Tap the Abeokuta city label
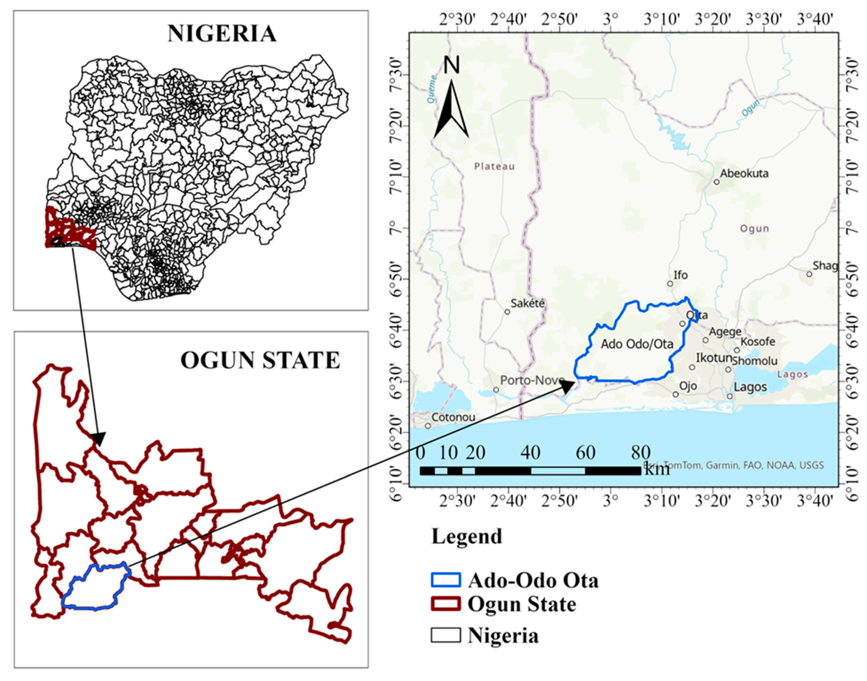744,173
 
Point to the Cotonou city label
453,417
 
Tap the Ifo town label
681,275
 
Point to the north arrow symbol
451,108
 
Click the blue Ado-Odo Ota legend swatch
445,580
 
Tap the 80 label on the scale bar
640,452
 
